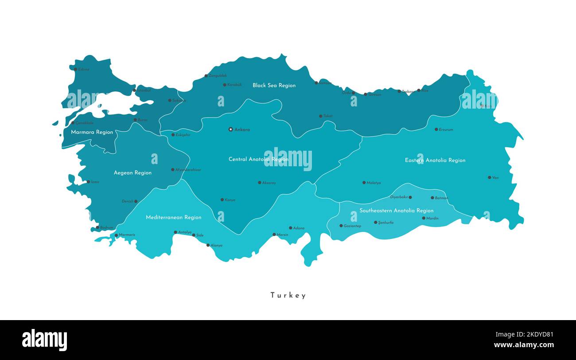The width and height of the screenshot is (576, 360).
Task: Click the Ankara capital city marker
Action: click(x=230, y=129)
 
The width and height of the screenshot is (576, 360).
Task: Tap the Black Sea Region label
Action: click(x=274, y=85)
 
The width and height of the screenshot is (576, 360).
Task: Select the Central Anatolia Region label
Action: click(x=258, y=159)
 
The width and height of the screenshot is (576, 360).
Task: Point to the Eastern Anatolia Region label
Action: click(x=435, y=160)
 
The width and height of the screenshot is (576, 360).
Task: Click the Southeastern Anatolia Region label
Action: click(x=396, y=211)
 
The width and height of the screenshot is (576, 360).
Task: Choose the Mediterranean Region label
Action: click(x=174, y=217)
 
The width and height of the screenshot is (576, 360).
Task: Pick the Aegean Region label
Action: click(x=132, y=172)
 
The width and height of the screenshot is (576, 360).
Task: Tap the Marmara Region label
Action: click(x=92, y=132)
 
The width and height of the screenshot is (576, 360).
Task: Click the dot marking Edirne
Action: click(x=75, y=69)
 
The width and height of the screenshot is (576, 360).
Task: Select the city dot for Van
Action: click(x=490, y=177)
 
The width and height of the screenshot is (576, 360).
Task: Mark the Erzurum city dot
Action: click(x=436, y=129)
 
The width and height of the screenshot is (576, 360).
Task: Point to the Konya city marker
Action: click(x=222, y=200)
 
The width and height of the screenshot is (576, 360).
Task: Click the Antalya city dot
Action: click(x=175, y=232)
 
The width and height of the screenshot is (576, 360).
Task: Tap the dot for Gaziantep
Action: click(x=341, y=226)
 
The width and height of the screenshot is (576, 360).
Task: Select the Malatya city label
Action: click(x=374, y=183)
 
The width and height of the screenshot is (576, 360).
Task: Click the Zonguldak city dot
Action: click(x=206, y=76)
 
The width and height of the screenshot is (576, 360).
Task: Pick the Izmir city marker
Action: click(x=88, y=182)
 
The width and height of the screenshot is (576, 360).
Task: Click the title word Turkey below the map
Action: click(x=288, y=295)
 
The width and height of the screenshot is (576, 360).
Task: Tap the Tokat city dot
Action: click(x=321, y=116)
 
